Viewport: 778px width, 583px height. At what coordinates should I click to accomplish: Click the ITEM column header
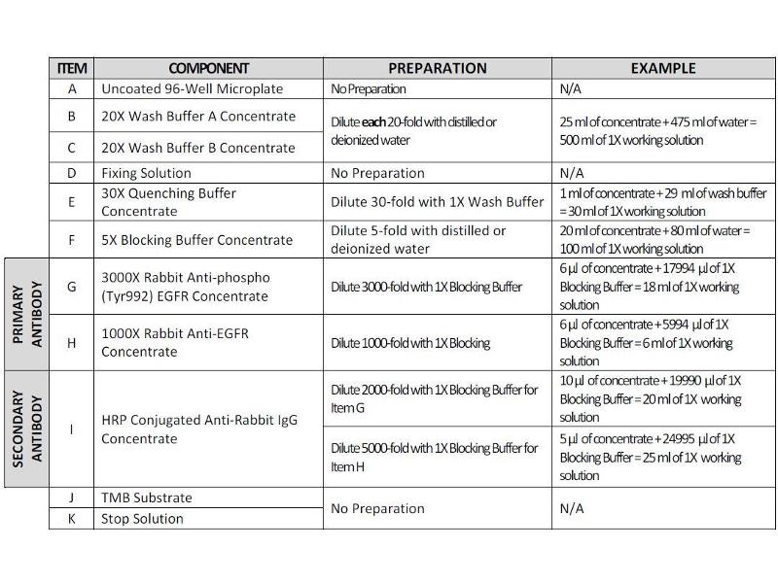coord(72,68)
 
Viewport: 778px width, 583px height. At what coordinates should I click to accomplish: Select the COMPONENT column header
coord(208,68)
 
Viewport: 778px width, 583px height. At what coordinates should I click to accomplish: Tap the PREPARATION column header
coord(437,68)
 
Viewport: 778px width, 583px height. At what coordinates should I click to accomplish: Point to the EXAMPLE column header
coord(663,68)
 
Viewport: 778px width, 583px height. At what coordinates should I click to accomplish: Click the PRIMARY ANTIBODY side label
coord(26,314)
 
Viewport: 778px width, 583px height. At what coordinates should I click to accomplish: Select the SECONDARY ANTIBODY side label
coord(26,429)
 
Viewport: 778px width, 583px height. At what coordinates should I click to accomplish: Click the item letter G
coord(72,287)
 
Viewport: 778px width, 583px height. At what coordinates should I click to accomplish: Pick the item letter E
coord(72,202)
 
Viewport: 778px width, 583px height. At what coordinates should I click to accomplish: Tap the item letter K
coord(72,519)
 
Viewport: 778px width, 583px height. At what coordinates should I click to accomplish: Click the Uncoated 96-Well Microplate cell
coord(192,89)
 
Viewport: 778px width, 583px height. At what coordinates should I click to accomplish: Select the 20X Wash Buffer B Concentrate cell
coord(197,148)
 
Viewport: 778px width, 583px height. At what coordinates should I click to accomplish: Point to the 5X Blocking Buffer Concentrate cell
coord(196,240)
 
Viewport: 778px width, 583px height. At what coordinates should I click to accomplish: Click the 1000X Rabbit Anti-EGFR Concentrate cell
coord(175,342)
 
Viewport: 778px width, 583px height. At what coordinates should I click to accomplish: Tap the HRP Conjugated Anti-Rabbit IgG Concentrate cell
coord(199,429)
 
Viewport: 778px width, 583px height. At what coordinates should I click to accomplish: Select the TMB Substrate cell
coord(147,497)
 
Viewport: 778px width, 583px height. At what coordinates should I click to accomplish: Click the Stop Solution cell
coord(142,519)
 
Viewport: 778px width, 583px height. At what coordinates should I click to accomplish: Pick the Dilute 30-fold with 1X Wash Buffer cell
coord(437,202)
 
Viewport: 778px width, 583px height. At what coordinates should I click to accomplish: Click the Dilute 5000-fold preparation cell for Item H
coord(434,457)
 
